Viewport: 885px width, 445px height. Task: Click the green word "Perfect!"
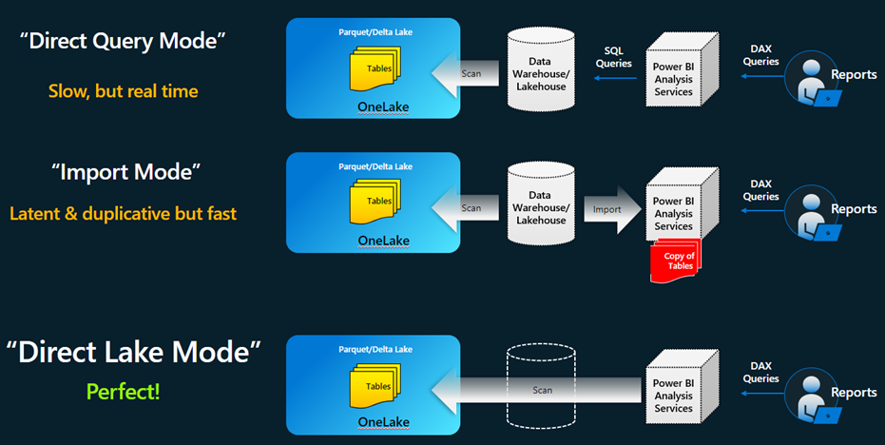123,390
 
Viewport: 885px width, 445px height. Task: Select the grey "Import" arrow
608,209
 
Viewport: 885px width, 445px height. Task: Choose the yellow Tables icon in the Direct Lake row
377,385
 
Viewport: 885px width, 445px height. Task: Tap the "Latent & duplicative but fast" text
123,214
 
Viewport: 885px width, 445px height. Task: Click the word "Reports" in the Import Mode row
854,209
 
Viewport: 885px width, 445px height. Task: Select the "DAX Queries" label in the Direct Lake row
760,372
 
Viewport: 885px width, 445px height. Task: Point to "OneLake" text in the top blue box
383,106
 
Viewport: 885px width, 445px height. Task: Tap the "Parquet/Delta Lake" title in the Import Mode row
375,166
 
